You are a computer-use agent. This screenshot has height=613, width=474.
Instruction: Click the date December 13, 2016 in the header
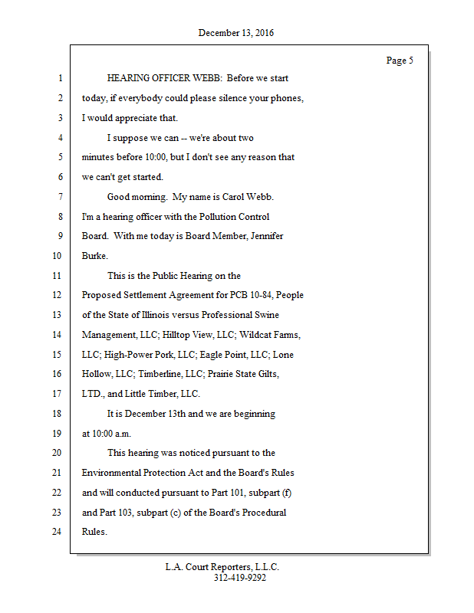[x=235, y=33]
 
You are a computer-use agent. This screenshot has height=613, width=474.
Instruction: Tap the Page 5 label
[x=400, y=61]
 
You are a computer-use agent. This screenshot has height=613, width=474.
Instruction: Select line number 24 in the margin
[x=57, y=532]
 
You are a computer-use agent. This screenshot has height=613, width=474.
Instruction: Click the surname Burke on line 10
[x=94, y=256]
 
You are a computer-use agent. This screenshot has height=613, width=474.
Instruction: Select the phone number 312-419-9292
[x=239, y=578]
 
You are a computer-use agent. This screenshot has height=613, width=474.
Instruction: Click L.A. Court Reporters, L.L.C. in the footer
[x=222, y=567]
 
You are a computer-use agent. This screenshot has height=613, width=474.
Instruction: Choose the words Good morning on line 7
[x=137, y=197]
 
